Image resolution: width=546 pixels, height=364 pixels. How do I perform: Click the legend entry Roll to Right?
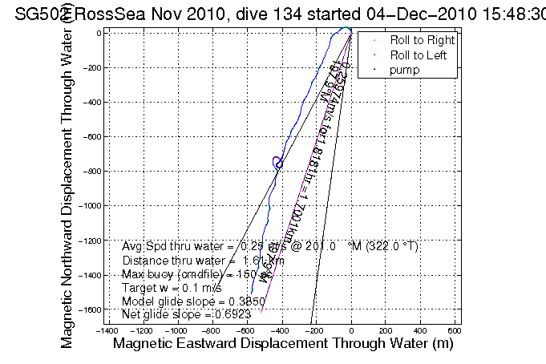[422, 40]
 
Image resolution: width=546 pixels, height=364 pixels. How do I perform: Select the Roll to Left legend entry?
[419, 55]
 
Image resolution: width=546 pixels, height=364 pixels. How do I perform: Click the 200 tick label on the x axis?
[386, 329]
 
